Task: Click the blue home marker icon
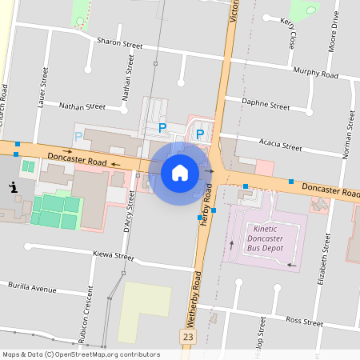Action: pyautogui.click(x=180, y=171)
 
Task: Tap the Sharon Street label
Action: pyautogui.click(x=119, y=43)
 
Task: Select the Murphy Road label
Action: pyautogui.click(x=316, y=74)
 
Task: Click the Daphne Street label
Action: pyautogui.click(x=266, y=105)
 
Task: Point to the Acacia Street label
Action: pyautogui.click(x=280, y=146)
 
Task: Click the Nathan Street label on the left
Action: pyautogui.click(x=82, y=106)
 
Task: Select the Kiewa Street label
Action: pyautogui.click(x=113, y=257)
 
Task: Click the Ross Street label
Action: pyautogui.click(x=304, y=322)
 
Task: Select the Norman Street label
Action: pyautogui.click(x=349, y=132)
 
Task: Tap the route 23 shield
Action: pyautogui.click(x=188, y=338)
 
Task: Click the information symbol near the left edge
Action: pyautogui.click(x=13, y=187)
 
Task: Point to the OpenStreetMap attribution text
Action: pyautogui.click(x=81, y=354)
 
